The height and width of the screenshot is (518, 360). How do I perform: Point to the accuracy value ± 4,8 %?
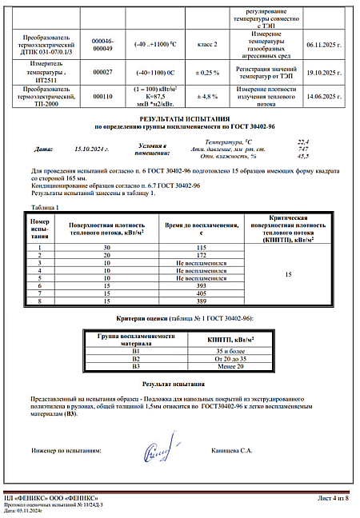click(208, 97)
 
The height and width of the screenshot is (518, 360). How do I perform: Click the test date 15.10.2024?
click(90, 149)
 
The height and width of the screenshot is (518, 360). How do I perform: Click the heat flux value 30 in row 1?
click(106, 249)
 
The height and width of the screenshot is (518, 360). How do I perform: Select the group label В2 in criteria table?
click(135, 358)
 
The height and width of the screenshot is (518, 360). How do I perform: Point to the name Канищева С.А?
click(230, 451)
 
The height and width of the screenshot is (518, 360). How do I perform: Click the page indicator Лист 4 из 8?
click(333, 499)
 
